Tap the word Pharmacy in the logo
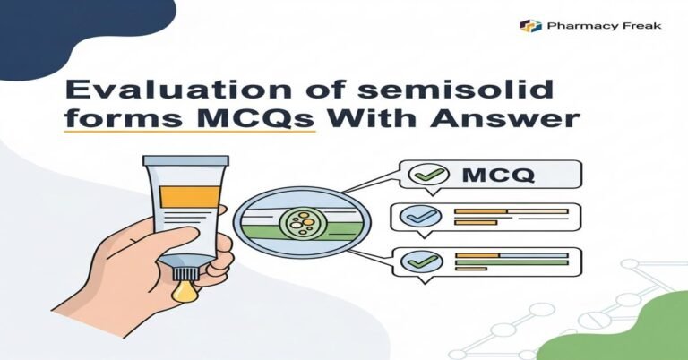point(570,26)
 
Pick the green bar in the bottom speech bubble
point(511,263)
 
